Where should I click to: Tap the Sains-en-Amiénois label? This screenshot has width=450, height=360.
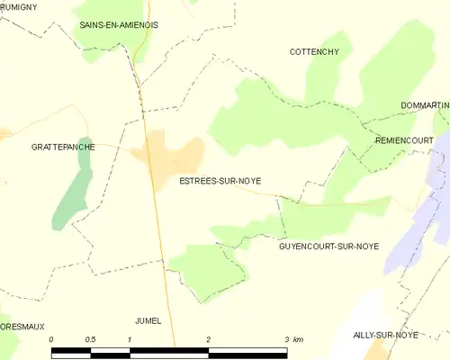coord(118,25)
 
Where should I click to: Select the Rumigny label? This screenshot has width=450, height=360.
coord(18,5)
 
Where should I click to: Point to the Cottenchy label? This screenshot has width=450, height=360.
coord(314,52)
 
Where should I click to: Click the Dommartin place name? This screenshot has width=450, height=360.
coord(425,105)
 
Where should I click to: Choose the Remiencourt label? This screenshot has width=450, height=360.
coord(404,140)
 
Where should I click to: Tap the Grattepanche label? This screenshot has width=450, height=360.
coord(62,146)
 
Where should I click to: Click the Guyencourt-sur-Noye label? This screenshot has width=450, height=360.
coord(328,246)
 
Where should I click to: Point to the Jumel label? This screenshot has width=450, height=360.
coord(148,320)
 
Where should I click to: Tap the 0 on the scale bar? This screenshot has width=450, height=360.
coord(52,338)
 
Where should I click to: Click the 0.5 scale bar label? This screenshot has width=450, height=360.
coord(90,338)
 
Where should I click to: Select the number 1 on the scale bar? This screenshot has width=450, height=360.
coord(130,338)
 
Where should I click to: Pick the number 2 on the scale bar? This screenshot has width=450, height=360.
coord(208,338)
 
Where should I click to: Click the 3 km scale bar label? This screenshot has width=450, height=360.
coord(293,338)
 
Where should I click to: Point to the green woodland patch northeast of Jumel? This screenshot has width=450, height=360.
coord(204,268)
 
